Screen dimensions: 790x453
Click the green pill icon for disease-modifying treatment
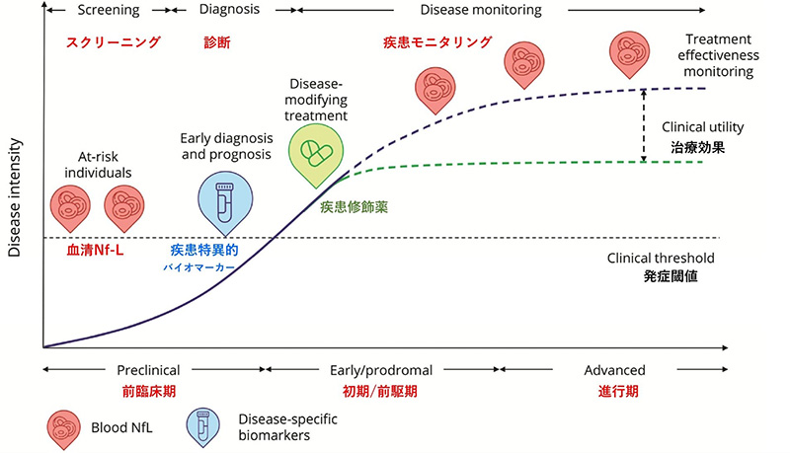[316, 156]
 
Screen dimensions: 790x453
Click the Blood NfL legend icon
[64, 429]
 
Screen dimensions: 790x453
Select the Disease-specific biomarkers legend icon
[203, 427]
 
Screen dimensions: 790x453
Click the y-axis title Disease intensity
[14, 197]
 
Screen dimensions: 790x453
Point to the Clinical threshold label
[661, 259]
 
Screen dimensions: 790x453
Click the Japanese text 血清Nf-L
[95, 250]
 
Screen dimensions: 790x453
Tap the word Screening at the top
[109, 10]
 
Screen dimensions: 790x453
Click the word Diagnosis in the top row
[229, 9]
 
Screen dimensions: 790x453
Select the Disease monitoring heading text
[481, 10]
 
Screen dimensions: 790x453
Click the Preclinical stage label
[148, 370]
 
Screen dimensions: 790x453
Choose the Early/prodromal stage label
[381, 370]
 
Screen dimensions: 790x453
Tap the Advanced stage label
[614, 370]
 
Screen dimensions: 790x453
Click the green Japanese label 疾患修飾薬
[354, 207]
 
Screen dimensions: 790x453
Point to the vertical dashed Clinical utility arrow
[644, 125]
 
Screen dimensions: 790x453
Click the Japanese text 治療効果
[698, 147]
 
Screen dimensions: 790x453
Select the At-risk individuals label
[98, 165]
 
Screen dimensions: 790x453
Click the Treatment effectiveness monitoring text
[719, 55]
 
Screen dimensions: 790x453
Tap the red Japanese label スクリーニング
[114, 41]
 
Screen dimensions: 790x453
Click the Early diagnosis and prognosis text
[227, 146]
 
